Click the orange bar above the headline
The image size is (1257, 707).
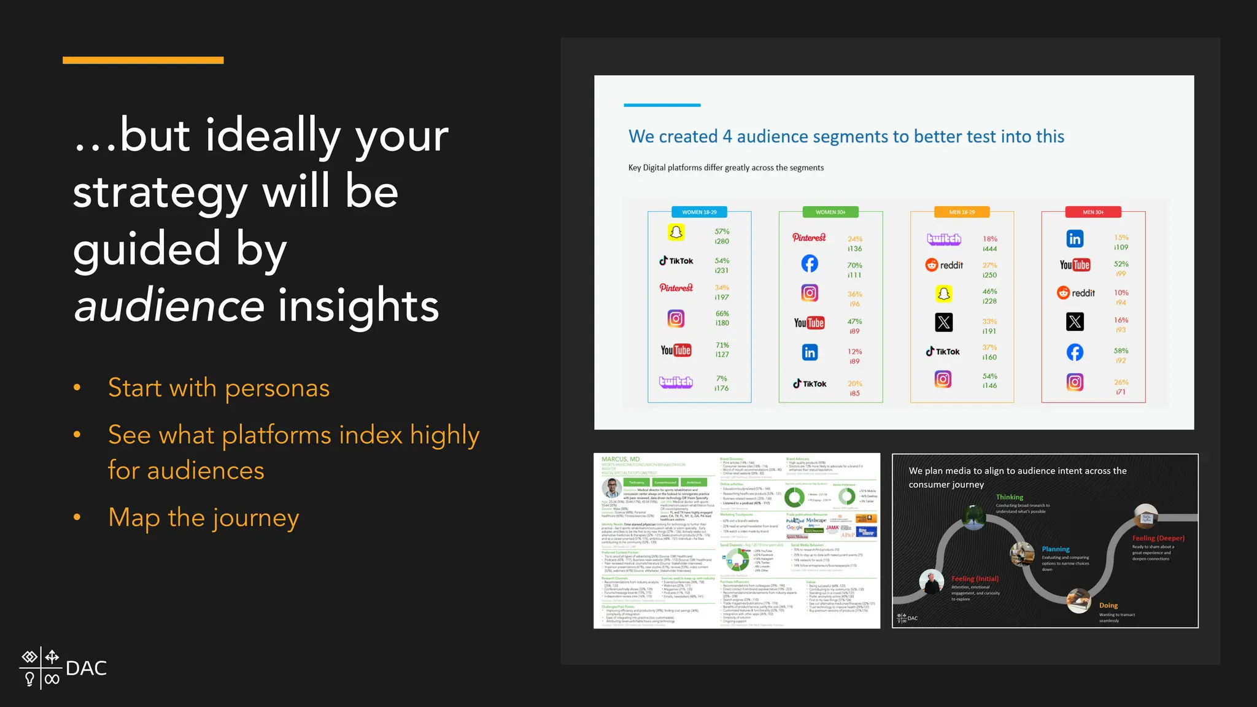pos(143,60)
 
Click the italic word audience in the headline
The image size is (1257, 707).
pos(169,306)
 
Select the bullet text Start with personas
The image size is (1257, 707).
pos(219,388)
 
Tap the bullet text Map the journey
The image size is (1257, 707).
pos(203,517)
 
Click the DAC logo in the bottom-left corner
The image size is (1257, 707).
pos(63,668)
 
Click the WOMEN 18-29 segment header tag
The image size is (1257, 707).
pos(699,212)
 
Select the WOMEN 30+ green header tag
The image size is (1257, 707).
pos(830,212)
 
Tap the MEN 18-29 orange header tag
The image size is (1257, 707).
pos(962,212)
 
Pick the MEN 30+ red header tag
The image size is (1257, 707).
pos(1093,212)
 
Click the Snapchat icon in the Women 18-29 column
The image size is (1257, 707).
pos(676,233)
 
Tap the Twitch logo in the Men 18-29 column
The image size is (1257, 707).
pos(944,239)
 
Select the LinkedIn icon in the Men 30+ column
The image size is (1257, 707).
pos(1075,239)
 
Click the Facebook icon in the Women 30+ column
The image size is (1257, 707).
pos(810,264)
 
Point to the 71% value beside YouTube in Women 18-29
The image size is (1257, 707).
pos(722,346)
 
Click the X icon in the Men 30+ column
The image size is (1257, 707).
pos(1075,322)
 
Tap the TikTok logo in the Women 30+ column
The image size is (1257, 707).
pos(810,384)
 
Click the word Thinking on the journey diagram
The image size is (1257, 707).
pos(1010,497)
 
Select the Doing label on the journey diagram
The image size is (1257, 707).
pos(1108,606)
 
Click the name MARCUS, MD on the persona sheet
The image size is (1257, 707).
pos(620,459)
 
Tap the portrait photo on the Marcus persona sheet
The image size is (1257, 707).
pos(611,489)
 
